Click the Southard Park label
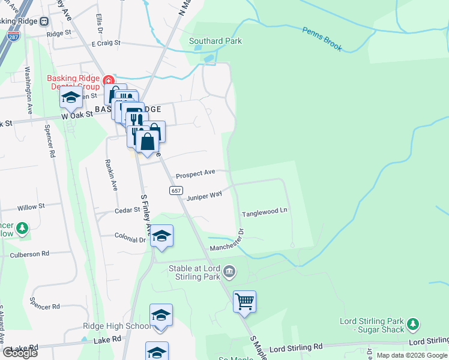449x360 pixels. [215, 41]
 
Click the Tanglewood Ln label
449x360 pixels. [265, 213]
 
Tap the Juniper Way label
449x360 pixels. [204, 196]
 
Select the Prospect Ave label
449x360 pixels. [195, 173]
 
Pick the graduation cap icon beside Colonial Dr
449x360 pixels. [161, 235]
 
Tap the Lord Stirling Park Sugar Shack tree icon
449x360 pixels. [412, 325]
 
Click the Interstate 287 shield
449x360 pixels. [13, 37]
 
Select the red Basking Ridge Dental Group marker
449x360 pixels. [108, 80]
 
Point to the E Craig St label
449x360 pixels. [106, 44]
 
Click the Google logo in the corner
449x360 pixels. [20, 353]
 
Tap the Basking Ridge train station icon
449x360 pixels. [44, 21]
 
